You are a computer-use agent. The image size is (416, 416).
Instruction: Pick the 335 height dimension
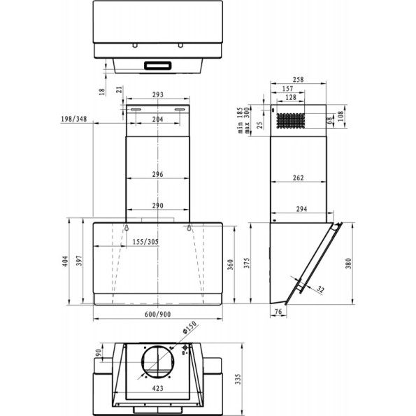(238, 379)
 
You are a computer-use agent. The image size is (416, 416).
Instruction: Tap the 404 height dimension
(65, 261)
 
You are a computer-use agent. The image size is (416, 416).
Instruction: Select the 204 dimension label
(158, 120)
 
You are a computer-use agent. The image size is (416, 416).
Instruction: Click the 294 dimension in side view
(302, 209)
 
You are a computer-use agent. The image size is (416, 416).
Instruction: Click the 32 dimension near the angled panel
(320, 289)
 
